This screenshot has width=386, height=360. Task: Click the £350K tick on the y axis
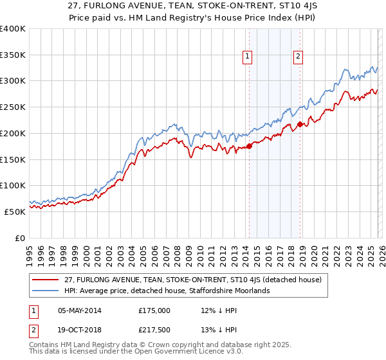(14, 55)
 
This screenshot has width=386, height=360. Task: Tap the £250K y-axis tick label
(14, 107)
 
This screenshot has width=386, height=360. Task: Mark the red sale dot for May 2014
(249, 146)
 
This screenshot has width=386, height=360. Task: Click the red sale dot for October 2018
(300, 124)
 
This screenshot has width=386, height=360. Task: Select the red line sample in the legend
(46, 280)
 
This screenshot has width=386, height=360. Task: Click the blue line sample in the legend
(46, 291)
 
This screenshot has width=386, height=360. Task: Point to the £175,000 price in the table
(154, 310)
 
